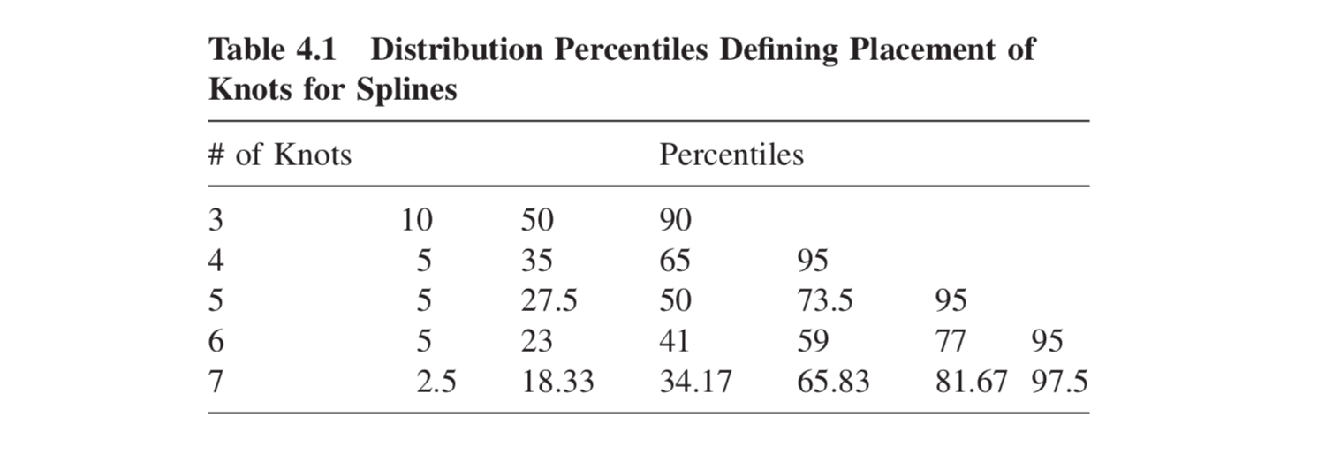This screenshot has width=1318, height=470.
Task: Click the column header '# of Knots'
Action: coord(280,155)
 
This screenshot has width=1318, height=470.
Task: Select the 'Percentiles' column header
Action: coord(731,155)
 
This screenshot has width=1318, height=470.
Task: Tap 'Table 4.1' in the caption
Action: coord(272,49)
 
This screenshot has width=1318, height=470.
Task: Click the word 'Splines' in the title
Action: coord(406,89)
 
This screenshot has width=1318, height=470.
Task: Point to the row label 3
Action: coord(216,220)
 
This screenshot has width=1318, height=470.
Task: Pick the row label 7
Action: coord(216,382)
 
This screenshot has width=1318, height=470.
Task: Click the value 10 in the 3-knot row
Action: coord(416,220)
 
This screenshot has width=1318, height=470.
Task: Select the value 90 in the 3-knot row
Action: coord(676,220)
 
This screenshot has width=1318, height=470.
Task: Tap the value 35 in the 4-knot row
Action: coord(536,261)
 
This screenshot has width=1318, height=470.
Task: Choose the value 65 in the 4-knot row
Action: coord(676,261)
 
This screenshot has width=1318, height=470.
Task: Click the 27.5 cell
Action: coord(549,301)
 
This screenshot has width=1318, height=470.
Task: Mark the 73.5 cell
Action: coord(825,301)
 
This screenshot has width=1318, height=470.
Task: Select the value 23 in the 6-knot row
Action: coord(536,342)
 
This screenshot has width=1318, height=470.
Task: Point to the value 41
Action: coord(675,342)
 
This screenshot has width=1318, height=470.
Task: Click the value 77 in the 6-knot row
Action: coord(951,342)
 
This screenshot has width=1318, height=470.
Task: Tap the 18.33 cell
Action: coord(557,382)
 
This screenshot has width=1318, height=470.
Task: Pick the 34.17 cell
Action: coord(695,382)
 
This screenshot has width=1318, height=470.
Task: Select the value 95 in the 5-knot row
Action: coord(951,301)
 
